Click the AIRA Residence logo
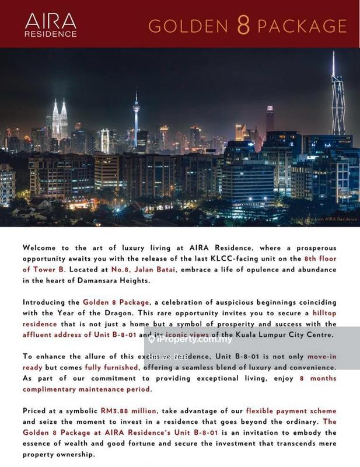click(x=50, y=25)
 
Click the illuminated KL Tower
click(x=136, y=117)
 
